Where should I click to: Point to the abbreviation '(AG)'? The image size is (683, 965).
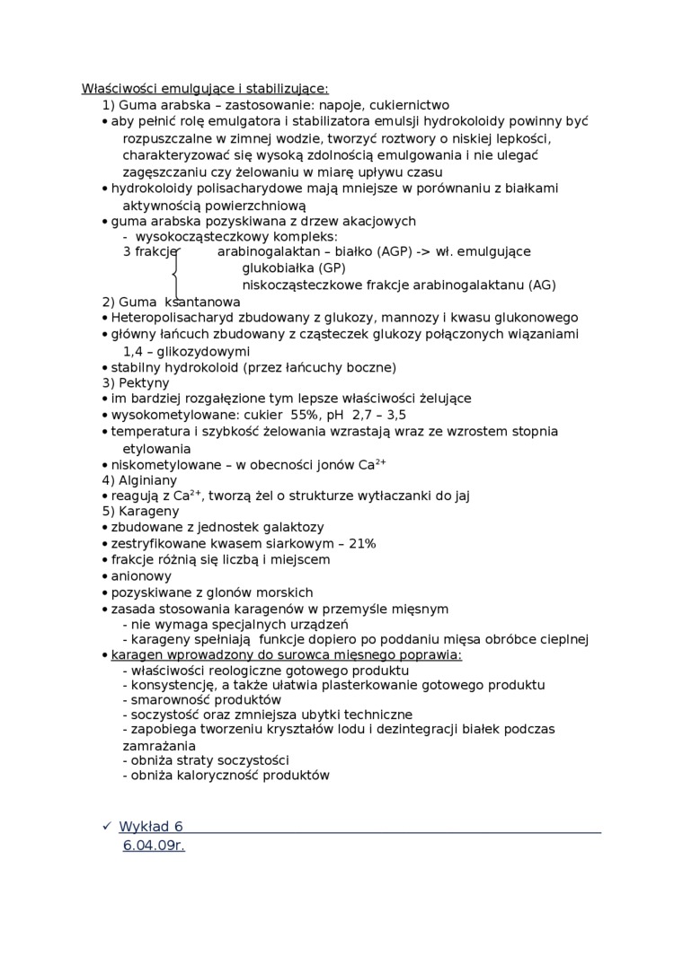click(x=541, y=285)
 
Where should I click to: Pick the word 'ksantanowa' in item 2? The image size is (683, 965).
click(x=202, y=302)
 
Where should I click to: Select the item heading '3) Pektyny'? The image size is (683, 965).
click(x=136, y=382)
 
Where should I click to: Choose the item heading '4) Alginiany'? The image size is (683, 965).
click(x=139, y=480)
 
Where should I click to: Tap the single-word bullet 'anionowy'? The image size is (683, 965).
click(x=141, y=576)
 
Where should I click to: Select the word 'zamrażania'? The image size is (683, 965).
click(x=159, y=746)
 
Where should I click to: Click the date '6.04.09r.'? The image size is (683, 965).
click(x=154, y=847)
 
